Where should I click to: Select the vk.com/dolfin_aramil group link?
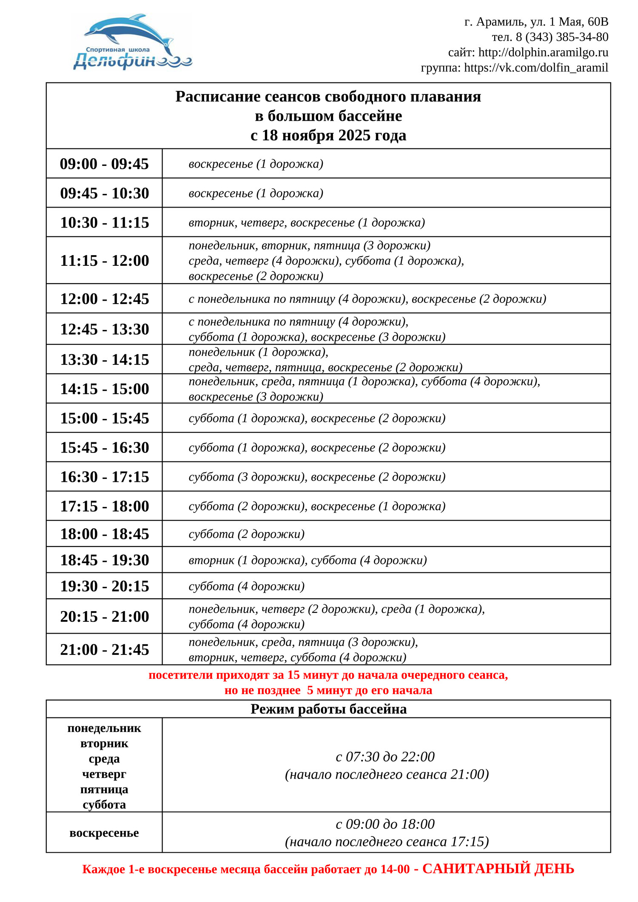point(536,68)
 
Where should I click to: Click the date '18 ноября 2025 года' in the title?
point(334,135)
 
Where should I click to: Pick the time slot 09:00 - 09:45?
point(104,164)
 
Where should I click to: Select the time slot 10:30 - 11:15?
point(104,222)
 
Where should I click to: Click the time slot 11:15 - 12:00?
point(104,260)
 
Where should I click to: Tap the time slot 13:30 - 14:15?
point(104,359)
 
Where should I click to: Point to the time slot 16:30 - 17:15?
point(104,477)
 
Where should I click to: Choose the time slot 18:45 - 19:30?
point(104,560)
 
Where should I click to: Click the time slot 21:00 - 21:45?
point(104,649)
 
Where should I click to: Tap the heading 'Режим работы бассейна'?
point(328,709)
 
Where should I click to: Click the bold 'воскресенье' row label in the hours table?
point(104,833)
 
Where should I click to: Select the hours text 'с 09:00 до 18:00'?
point(385,824)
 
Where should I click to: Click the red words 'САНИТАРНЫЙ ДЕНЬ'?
point(498,868)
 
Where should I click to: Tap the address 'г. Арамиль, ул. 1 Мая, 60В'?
point(536,22)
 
